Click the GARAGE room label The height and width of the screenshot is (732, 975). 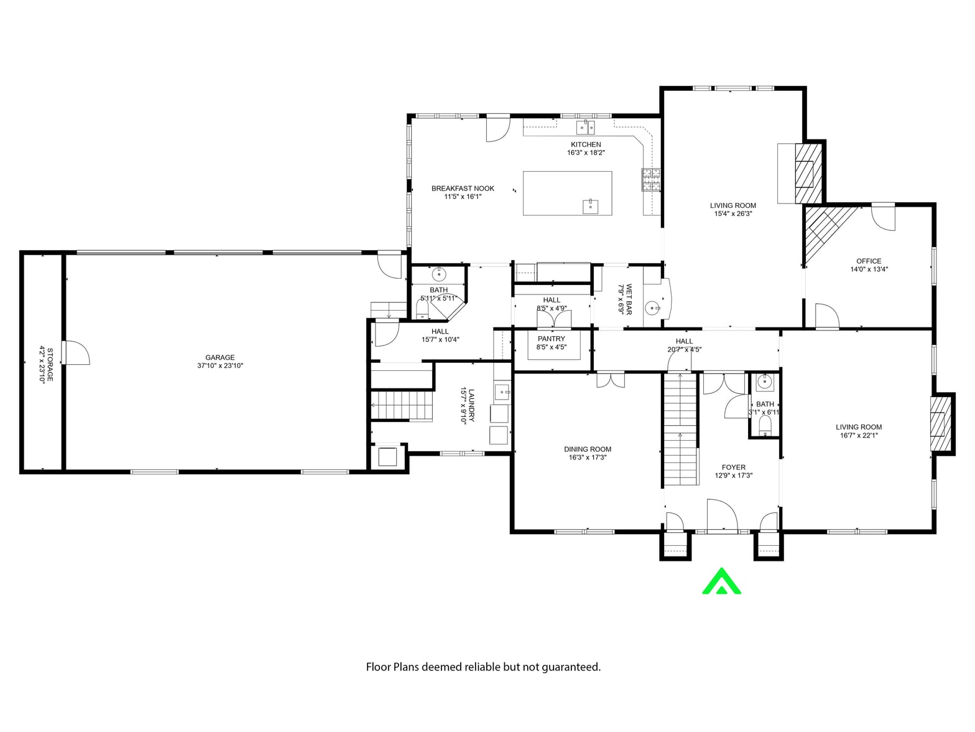click(220, 357)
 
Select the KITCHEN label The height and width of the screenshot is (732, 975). click(586, 144)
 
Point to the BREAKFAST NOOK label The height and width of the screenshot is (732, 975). click(463, 189)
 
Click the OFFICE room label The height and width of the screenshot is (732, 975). click(869, 261)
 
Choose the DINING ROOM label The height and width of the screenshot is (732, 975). click(588, 449)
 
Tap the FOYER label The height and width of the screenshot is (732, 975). click(733, 467)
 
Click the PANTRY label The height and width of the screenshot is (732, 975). click(552, 339)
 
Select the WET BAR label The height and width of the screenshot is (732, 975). click(629, 299)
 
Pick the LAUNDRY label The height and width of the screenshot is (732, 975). click(471, 405)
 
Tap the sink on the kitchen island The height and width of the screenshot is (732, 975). click(590, 207)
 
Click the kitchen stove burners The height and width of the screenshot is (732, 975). click(651, 180)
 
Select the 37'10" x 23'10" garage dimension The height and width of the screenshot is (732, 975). click(220, 366)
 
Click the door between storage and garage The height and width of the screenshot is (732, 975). click(76, 353)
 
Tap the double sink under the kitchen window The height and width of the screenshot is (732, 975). click(586, 127)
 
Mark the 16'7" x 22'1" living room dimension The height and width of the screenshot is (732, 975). click(859, 436)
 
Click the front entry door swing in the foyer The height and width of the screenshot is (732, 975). click(723, 515)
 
